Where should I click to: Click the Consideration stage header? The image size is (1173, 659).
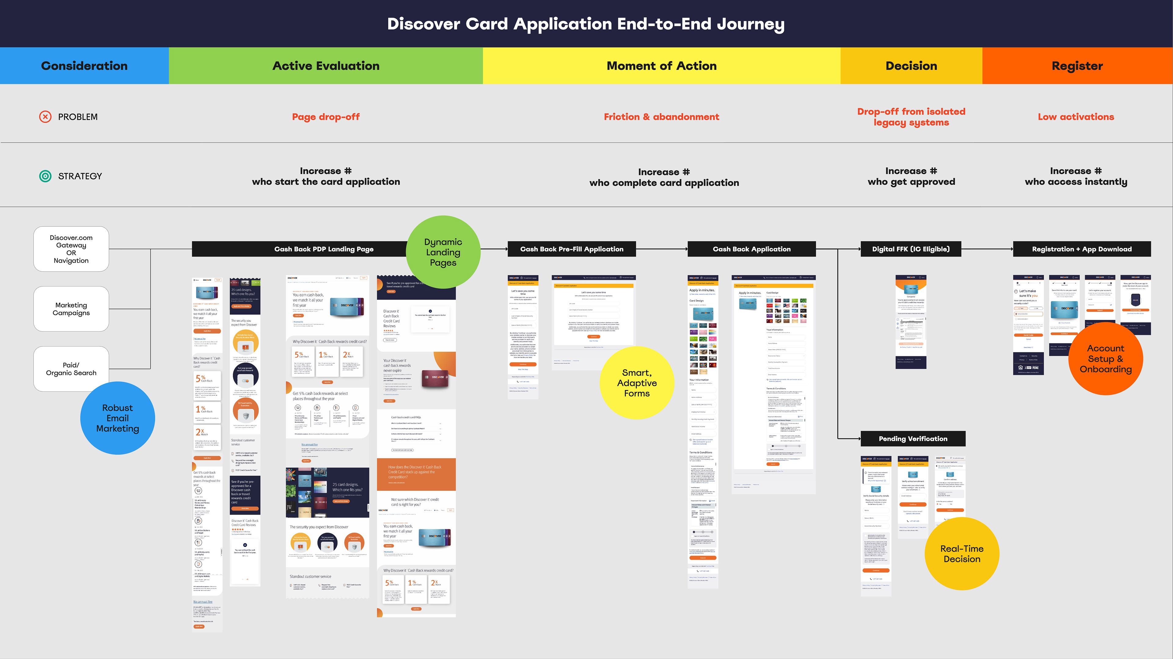[x=84, y=66]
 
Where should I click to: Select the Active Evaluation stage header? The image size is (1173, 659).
[x=326, y=66]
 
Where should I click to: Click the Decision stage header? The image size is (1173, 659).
[x=911, y=66]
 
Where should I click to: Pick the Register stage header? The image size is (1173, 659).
[x=1077, y=66]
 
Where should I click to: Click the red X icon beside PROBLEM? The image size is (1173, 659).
[x=45, y=117]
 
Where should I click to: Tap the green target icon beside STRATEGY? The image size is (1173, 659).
[x=45, y=176]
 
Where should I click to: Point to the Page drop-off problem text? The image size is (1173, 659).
[x=326, y=117]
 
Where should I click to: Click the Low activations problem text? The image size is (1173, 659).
[x=1076, y=117]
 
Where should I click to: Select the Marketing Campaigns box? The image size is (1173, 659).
[x=71, y=309]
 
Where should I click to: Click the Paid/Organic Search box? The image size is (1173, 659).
[x=71, y=369]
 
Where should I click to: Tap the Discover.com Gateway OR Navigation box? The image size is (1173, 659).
[x=71, y=249]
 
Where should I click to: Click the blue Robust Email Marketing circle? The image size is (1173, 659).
[x=118, y=418]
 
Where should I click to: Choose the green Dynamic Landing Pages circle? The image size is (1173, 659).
[x=443, y=252]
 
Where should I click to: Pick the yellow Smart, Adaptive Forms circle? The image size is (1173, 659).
[x=637, y=383]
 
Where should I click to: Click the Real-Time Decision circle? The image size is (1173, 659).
[x=962, y=553]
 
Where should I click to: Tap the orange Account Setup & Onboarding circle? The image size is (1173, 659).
[x=1105, y=359]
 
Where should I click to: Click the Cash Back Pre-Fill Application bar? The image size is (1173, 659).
[x=572, y=249]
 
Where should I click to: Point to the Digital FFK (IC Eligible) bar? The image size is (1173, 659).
[x=911, y=249]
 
